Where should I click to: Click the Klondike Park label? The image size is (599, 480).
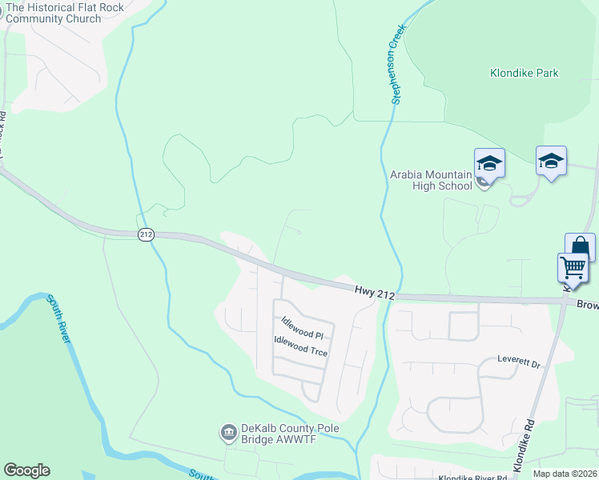(x=525, y=73)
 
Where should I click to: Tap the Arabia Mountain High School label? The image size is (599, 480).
(x=431, y=180)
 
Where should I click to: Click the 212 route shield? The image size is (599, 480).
(x=145, y=234)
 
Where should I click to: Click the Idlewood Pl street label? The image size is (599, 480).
(x=302, y=328)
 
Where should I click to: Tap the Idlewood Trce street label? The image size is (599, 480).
(x=301, y=346)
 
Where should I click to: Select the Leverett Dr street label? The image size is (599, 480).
(x=519, y=362)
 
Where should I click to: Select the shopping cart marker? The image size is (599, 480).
(x=573, y=267)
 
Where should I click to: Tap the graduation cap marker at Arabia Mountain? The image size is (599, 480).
(x=489, y=164)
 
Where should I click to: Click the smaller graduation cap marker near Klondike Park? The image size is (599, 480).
(x=551, y=160)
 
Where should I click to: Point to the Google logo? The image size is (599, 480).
(x=26, y=470)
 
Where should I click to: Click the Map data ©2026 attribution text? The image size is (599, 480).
(x=564, y=474)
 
